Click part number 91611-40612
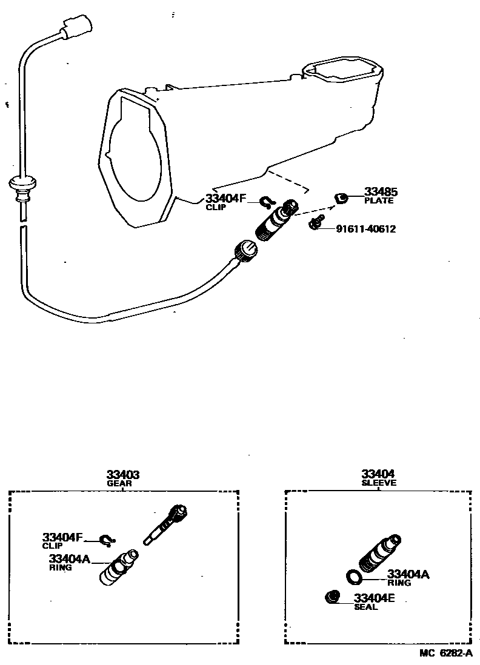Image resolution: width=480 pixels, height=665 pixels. click(x=365, y=229)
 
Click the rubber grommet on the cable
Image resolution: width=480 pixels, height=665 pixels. click(x=22, y=182)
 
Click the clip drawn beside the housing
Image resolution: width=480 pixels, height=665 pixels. click(x=267, y=201)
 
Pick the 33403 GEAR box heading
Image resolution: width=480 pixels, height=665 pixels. click(x=123, y=478)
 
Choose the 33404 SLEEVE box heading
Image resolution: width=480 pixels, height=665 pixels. click(x=378, y=478)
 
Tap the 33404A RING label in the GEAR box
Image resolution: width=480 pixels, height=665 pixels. click(x=68, y=561)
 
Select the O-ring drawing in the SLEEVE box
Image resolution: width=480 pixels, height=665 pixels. click(x=355, y=576)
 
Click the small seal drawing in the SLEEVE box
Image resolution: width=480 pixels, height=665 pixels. click(x=332, y=597)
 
